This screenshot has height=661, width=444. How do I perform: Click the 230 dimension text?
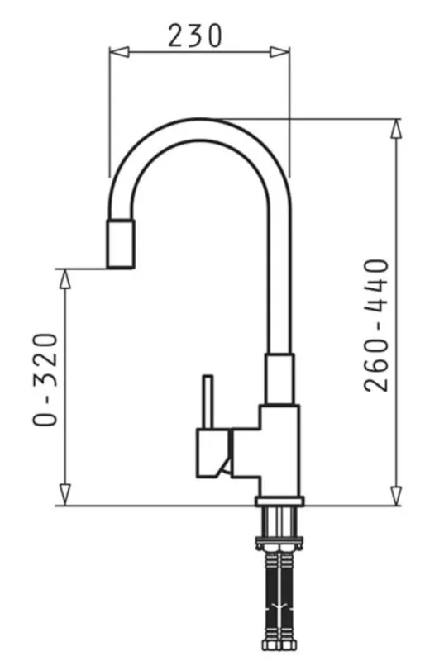pyautogui.click(x=196, y=35)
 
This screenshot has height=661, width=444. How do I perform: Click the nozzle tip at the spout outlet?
pyautogui.click(x=120, y=245)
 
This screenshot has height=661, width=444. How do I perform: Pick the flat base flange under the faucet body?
pyautogui.click(x=279, y=502)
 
